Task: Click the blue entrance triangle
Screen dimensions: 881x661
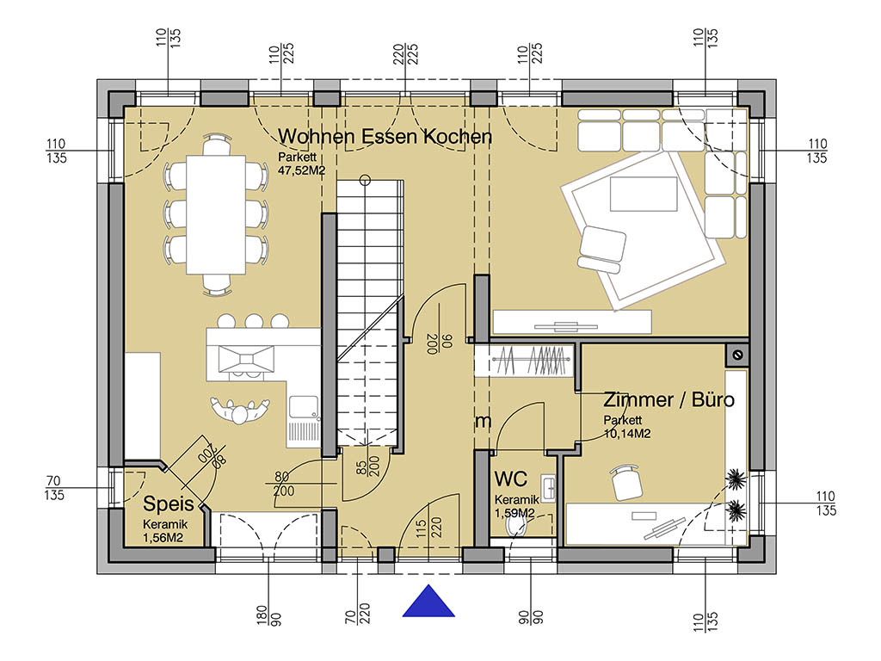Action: click(x=428, y=602)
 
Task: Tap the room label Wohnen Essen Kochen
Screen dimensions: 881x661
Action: click(x=385, y=137)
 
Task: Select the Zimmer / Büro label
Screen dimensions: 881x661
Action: click(x=668, y=399)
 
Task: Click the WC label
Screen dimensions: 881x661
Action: click(x=511, y=479)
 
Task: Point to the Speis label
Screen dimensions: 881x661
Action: click(x=168, y=503)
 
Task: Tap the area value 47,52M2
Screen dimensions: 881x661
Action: click(x=302, y=171)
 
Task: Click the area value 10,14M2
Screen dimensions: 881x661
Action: click(x=627, y=434)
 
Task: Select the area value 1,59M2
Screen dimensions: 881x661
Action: click(x=514, y=513)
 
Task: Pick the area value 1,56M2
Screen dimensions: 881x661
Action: click(x=163, y=538)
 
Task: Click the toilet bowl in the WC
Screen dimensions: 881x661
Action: click(x=516, y=527)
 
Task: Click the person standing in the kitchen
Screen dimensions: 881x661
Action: click(x=240, y=411)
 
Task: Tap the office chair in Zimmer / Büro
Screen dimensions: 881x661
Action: click(x=626, y=482)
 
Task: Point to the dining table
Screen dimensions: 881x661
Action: click(x=216, y=214)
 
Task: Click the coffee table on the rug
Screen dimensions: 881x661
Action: click(x=644, y=194)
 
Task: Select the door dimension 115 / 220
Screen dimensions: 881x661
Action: click(x=429, y=528)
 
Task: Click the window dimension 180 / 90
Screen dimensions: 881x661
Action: click(x=268, y=615)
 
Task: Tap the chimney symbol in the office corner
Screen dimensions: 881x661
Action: click(x=737, y=355)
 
